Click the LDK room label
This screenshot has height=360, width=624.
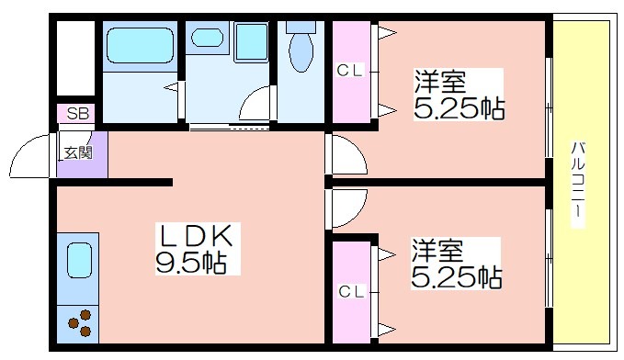(x=196, y=236)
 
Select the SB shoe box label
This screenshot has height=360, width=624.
(x=77, y=114)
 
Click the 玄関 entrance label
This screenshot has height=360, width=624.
(x=78, y=152)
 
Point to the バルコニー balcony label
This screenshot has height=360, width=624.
(x=578, y=185)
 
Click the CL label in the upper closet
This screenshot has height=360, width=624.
(x=350, y=71)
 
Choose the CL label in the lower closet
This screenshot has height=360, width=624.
(x=351, y=292)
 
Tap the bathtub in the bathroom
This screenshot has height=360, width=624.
(x=141, y=45)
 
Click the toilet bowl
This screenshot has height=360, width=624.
(x=301, y=51)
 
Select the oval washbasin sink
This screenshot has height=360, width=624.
(x=207, y=38)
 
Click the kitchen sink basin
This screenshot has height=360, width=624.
(x=79, y=260)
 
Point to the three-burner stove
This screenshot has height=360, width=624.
(x=80, y=323)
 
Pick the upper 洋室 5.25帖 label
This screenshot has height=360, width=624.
(x=459, y=95)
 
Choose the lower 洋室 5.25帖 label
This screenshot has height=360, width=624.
(x=456, y=264)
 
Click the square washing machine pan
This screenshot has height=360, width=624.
(x=252, y=42)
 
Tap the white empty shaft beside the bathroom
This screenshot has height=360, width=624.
(x=75, y=58)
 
